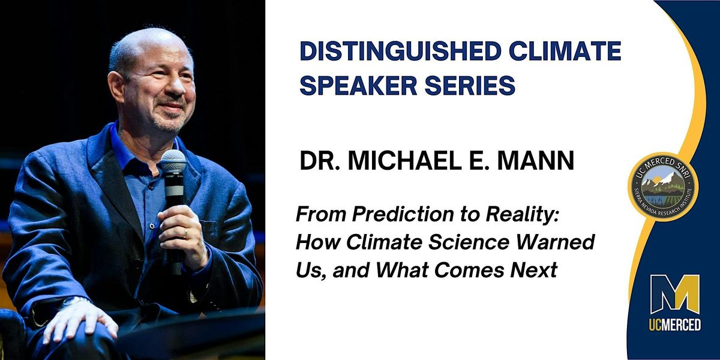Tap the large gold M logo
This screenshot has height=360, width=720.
675,294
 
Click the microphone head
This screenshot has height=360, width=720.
173,161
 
